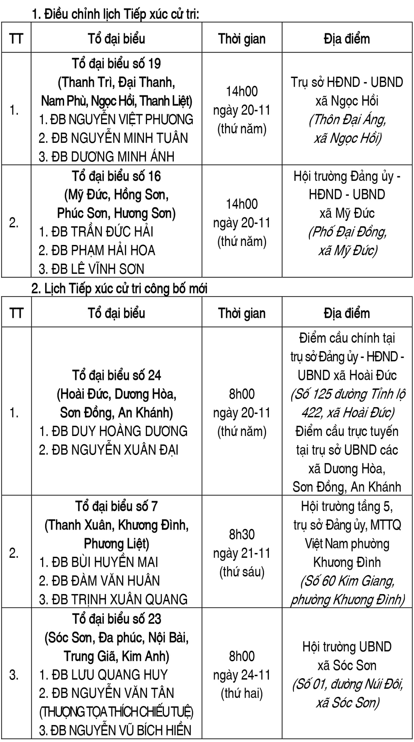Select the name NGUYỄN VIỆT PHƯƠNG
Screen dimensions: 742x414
coord(131,119)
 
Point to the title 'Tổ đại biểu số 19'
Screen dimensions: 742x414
coord(116,64)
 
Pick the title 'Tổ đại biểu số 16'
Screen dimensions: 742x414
coord(116,176)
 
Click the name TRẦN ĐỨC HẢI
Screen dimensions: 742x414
coord(112,232)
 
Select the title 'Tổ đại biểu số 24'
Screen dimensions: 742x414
coord(116,375)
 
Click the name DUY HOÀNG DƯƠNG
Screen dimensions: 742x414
coord(129,431)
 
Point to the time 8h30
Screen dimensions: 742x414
coord(242,534)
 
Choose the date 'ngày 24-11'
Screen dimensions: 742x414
coord(242,675)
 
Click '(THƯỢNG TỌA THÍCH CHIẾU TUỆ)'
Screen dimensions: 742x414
coord(116,712)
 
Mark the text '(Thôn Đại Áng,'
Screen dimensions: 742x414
coord(347,120)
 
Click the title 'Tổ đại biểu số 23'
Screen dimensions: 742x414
coord(116,619)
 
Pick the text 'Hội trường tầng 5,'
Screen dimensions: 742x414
coord(347,506)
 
